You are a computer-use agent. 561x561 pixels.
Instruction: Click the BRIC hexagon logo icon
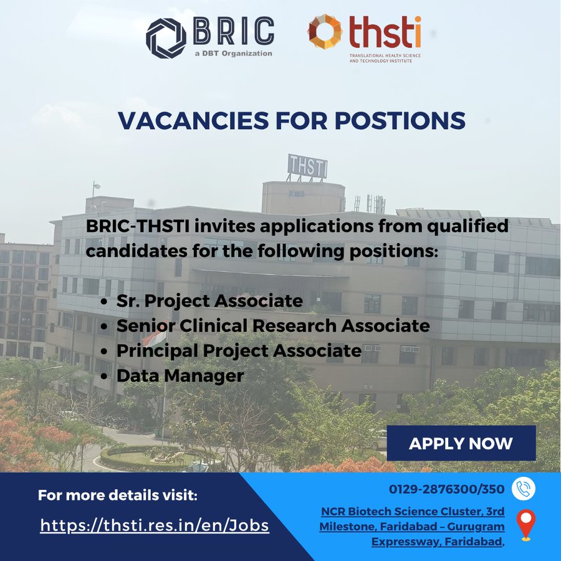point(166,37)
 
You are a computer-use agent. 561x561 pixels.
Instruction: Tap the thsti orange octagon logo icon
point(325,31)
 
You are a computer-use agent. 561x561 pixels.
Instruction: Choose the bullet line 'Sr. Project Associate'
point(209,301)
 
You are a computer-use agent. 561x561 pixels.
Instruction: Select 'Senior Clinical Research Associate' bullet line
point(273,325)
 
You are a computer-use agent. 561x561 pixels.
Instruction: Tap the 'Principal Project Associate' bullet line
point(239,350)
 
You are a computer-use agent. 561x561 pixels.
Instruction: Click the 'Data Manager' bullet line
point(180,375)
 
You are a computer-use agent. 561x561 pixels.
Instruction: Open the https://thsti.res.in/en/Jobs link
point(155,525)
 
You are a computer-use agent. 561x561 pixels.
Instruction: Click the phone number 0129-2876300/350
point(447,489)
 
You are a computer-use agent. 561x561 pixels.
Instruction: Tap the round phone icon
point(524,489)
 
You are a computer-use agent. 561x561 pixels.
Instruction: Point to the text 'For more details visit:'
point(118,496)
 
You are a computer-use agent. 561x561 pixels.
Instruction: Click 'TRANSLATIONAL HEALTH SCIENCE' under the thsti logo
point(385,56)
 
